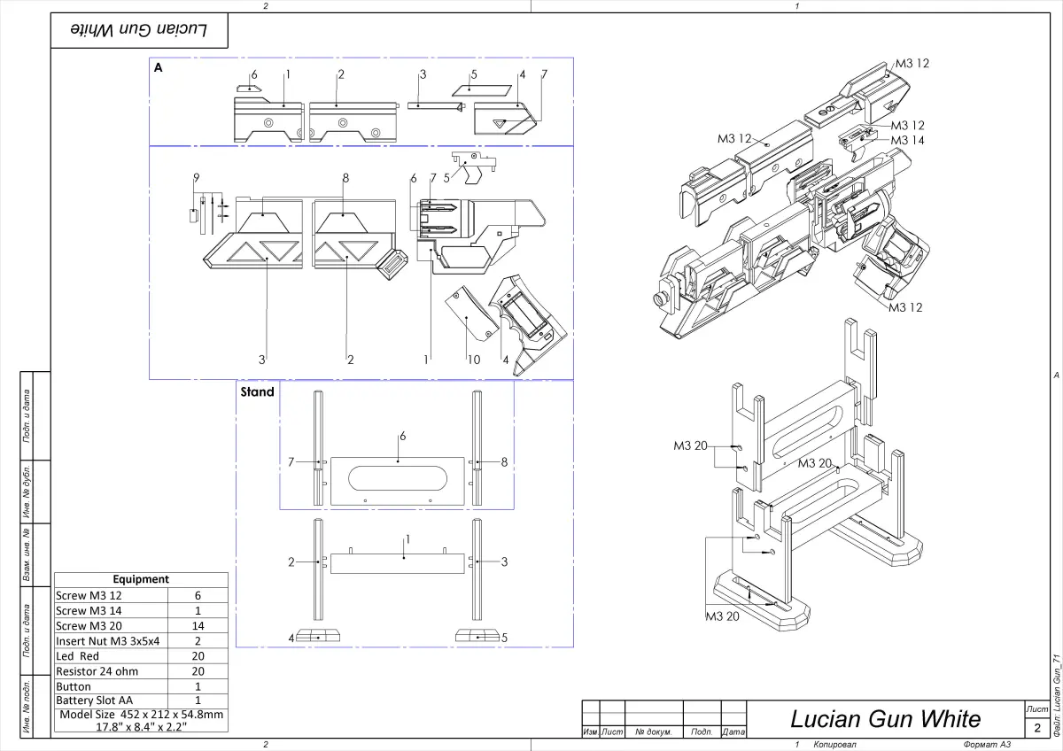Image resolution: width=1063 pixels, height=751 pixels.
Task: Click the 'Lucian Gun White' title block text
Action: click(885, 718)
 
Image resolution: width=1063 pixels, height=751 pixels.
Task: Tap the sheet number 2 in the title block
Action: click(1036, 728)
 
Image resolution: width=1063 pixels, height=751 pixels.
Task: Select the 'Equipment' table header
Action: click(141, 579)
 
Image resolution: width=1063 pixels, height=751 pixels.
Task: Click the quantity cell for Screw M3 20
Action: click(198, 625)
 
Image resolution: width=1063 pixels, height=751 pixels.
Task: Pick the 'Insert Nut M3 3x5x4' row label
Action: click(107, 640)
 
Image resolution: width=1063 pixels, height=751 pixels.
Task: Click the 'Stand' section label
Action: click(257, 391)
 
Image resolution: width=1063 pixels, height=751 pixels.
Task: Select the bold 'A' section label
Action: click(159, 67)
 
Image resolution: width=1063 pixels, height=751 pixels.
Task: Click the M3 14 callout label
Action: click(907, 140)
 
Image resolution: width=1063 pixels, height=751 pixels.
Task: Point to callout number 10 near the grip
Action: click(475, 359)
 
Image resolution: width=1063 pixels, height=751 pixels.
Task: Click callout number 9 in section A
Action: click(195, 178)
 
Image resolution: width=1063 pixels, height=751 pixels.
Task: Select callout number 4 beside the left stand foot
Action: click(291, 637)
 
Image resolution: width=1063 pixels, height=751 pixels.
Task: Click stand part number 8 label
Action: click(504, 461)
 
